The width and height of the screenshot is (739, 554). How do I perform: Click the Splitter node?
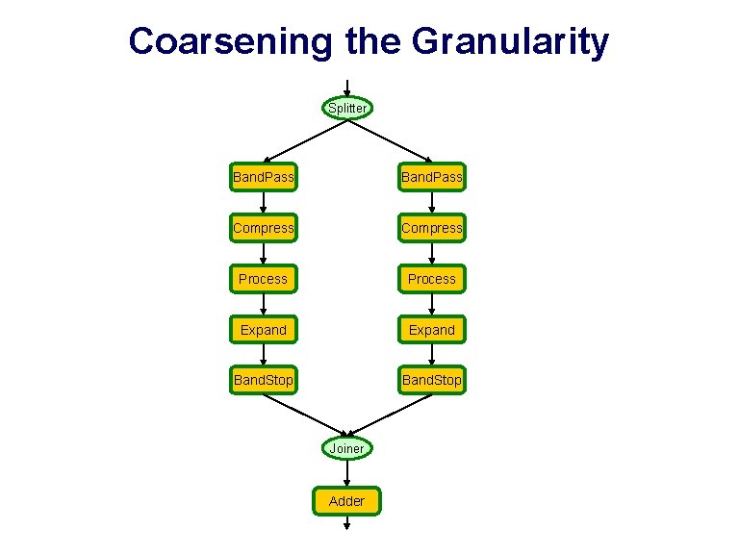346,108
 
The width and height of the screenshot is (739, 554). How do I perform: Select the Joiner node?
346,448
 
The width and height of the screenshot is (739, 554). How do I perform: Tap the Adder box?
346,500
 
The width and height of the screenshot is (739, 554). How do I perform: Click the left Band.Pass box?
263,177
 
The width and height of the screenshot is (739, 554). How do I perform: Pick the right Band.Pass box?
431,177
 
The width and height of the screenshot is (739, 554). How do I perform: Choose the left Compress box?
263,228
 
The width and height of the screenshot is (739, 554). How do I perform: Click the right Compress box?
431,228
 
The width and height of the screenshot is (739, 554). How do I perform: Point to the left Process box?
263,279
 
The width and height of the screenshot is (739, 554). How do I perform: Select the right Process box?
431,279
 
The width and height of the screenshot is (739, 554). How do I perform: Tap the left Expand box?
263,330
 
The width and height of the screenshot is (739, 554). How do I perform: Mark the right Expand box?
431,330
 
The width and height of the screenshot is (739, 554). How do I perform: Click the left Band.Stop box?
263,380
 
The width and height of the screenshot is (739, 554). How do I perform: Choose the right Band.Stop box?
431,380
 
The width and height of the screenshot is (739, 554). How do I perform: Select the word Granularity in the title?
510,42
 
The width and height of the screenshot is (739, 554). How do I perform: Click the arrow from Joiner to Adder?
346,473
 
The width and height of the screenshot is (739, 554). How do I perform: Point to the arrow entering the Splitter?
346,88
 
